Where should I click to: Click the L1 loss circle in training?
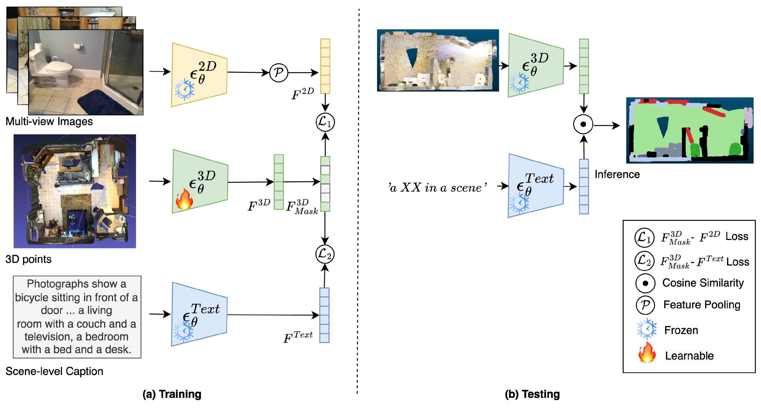tap(325, 122)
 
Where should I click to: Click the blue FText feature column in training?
tap(324, 315)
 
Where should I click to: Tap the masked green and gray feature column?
tap(325, 184)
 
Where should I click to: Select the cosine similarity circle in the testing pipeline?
tap(583, 124)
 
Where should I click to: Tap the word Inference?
tap(617, 174)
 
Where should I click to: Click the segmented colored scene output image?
tap(690, 130)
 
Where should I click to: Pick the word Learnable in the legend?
tap(689, 356)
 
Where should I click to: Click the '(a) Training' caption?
tap(172, 394)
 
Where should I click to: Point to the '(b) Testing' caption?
tap(532, 394)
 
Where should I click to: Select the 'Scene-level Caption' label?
tap(54, 371)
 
